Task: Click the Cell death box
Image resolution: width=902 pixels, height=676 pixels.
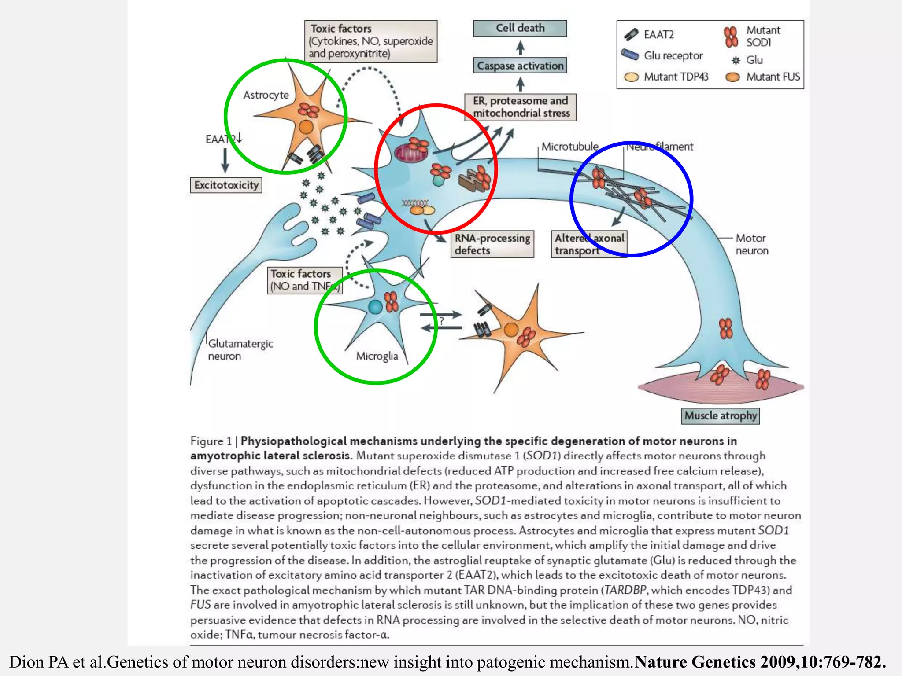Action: coord(520,28)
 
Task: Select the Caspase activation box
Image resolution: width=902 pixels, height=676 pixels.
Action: coord(520,66)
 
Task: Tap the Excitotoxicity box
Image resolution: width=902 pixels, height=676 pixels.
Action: coord(226,185)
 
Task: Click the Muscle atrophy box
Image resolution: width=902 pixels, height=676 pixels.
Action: coord(720,415)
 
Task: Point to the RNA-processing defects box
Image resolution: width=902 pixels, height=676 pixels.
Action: coord(492,244)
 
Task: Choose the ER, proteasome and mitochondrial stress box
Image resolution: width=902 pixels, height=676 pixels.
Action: coord(521,107)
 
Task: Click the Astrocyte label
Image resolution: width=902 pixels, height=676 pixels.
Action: coord(266,95)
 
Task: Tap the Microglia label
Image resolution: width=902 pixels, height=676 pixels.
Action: coord(377,356)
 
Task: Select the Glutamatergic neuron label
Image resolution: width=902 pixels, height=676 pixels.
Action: coord(240,350)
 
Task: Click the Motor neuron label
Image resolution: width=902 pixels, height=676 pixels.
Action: coord(751,244)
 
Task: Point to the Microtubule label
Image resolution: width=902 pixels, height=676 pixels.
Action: coord(569,147)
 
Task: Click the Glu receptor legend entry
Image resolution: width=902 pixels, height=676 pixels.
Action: coord(663,56)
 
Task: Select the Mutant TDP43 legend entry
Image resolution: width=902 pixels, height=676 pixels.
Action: coord(666,77)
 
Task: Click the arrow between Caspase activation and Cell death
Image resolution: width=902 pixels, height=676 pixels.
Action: coord(520,47)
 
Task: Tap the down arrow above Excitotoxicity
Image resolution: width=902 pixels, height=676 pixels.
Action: coord(225,160)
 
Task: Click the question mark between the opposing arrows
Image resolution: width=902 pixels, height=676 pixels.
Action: coord(441,321)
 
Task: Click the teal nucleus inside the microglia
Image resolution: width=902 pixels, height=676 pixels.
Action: coord(375,307)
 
